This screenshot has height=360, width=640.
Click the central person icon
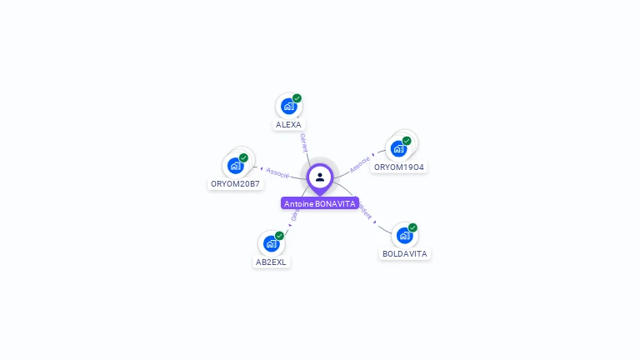[320, 177]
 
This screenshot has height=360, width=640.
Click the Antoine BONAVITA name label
[320, 203]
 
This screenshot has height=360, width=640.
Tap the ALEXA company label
[288, 125]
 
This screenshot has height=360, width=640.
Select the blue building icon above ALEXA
[288, 106]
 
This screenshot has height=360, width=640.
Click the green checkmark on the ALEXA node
[297, 98]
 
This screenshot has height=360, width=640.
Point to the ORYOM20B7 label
[235, 183]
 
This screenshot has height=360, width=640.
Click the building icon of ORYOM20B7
[235, 165]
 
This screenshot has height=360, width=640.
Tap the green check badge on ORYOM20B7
[243, 157]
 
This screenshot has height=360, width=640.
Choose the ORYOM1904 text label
[399, 167]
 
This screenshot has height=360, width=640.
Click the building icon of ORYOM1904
[398, 148]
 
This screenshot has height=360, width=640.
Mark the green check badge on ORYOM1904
[407, 141]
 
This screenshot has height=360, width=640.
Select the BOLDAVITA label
[405, 253]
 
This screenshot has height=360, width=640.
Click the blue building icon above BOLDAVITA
[404, 235]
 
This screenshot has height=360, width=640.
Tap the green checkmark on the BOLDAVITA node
[412, 227]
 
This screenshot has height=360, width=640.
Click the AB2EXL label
[271, 262]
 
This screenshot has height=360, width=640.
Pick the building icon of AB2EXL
[271, 243]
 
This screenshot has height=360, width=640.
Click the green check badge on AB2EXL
[279, 236]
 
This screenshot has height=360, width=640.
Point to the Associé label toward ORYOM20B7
[277, 172]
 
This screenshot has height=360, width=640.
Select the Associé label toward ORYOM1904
[360, 163]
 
